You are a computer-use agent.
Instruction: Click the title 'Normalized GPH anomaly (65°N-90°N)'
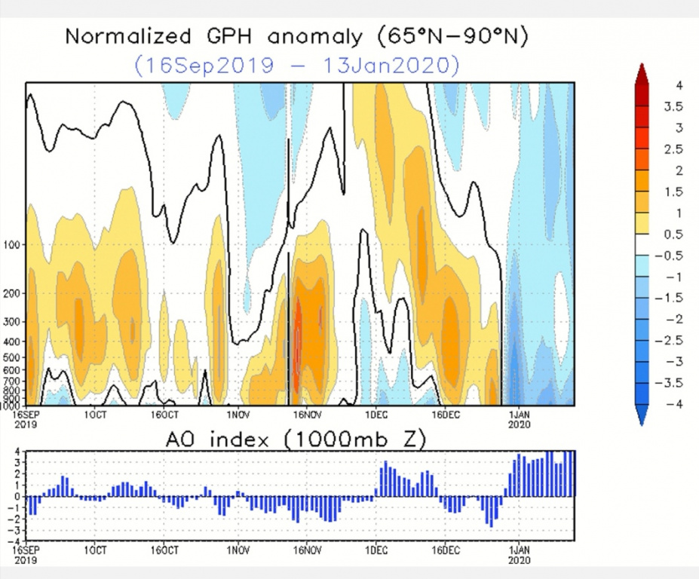[296, 36]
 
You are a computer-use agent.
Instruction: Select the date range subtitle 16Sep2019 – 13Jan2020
[296, 65]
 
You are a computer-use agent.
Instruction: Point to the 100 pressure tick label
[16, 245]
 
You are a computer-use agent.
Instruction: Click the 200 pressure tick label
[16, 294]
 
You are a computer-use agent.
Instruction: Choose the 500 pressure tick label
[16, 357]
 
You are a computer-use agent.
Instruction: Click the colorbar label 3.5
[673, 107]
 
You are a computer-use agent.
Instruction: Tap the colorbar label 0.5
[673, 234]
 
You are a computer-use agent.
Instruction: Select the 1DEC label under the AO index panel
[376, 550]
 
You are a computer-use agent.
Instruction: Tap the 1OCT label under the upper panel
[95, 415]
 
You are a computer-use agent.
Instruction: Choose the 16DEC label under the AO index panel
[446, 550]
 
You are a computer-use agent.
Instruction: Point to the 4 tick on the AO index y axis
[21, 451]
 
